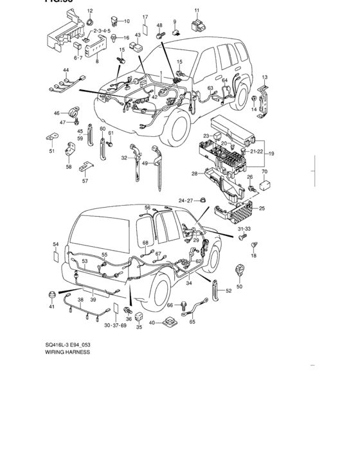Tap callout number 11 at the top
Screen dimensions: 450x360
tap(197, 10)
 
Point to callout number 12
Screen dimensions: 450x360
tap(89, 11)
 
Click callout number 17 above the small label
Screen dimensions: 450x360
tap(145, 17)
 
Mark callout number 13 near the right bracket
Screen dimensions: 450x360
tap(264, 77)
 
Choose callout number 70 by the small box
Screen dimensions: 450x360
tap(264, 172)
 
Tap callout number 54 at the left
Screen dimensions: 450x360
tap(56, 244)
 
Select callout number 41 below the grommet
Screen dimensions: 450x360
tap(51, 307)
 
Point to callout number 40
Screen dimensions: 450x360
tap(152, 323)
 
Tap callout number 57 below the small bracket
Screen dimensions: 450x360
tap(84, 181)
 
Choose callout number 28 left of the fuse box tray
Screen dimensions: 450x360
tap(194, 174)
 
